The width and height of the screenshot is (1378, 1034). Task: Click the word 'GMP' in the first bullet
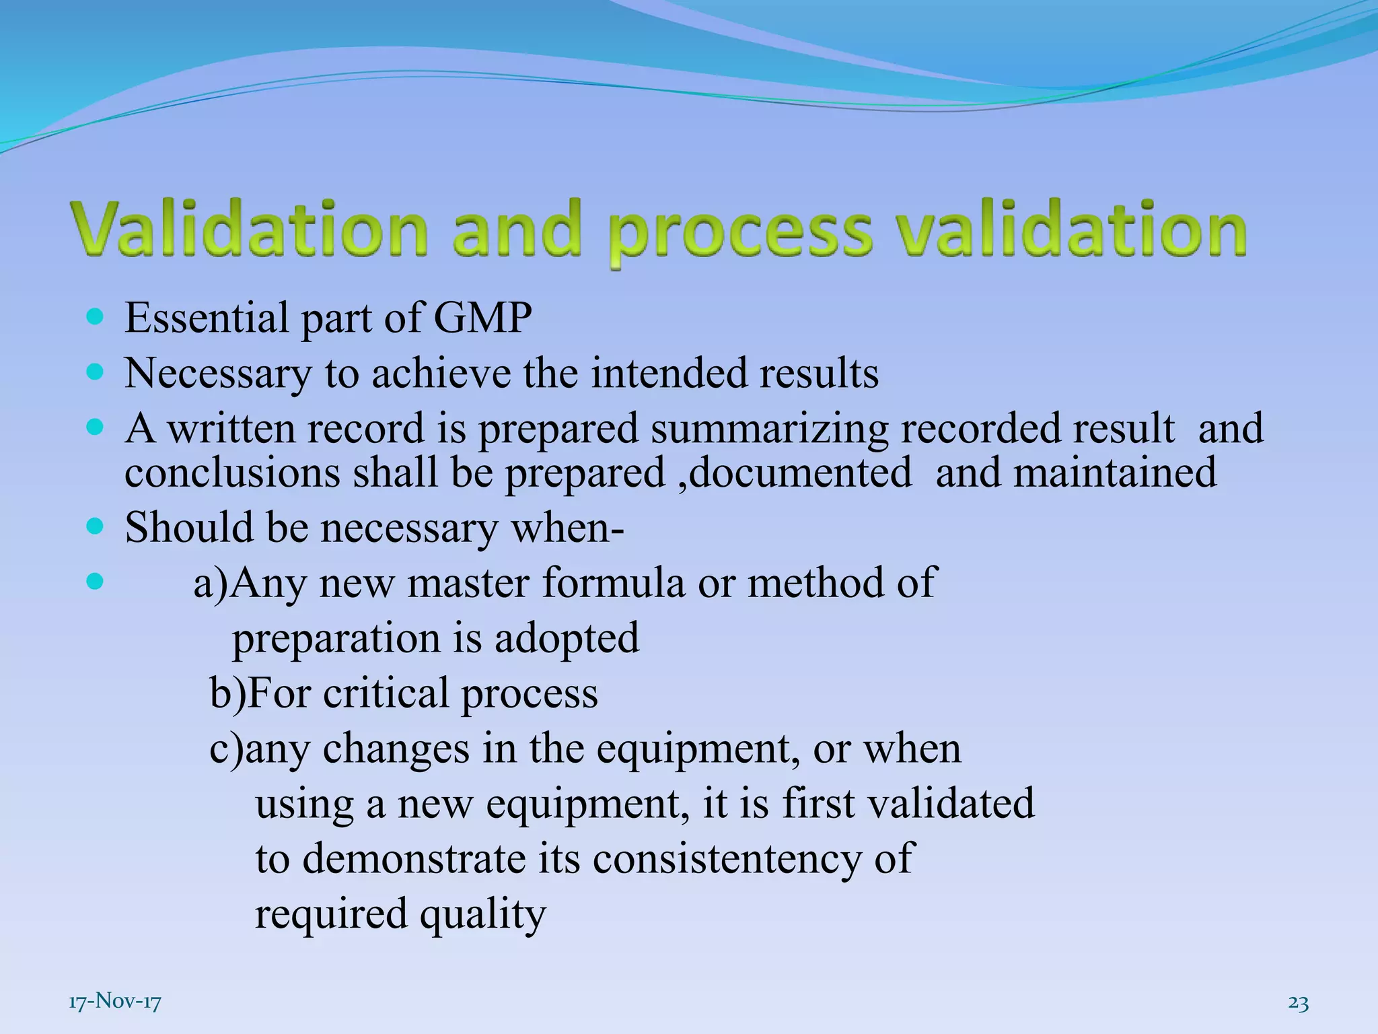(x=482, y=318)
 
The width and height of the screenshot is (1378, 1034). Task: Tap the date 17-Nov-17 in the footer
(x=115, y=1002)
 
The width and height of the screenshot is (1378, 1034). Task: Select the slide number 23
(x=1298, y=1002)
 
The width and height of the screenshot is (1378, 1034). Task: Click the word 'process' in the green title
(x=740, y=232)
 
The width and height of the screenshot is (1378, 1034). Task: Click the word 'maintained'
(x=1115, y=473)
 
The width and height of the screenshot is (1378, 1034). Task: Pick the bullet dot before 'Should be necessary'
(x=96, y=526)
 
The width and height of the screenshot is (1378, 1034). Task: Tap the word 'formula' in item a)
(x=613, y=583)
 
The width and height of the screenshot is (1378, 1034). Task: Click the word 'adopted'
(x=567, y=638)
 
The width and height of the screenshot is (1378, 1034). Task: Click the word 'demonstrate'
(x=413, y=859)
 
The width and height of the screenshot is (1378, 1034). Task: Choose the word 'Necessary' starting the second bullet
(x=218, y=374)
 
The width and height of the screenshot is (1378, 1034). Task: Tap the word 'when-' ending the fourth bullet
(x=567, y=528)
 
